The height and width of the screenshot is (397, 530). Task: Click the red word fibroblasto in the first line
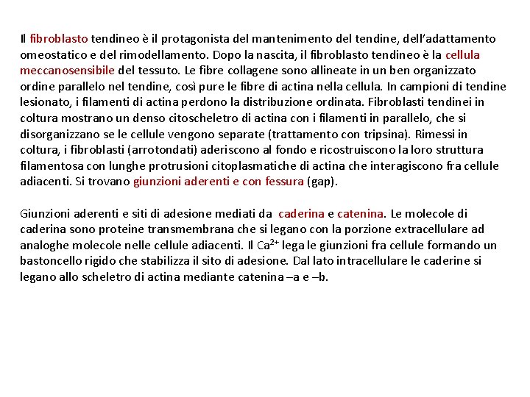pos(59,38)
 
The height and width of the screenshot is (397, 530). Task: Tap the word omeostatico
pos(52,54)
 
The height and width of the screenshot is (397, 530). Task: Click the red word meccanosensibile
pos(67,71)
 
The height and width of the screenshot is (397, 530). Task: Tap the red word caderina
pos(301,214)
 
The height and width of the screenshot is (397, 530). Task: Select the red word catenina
pos(361,214)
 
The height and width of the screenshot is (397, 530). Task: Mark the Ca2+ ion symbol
pos(264,245)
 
